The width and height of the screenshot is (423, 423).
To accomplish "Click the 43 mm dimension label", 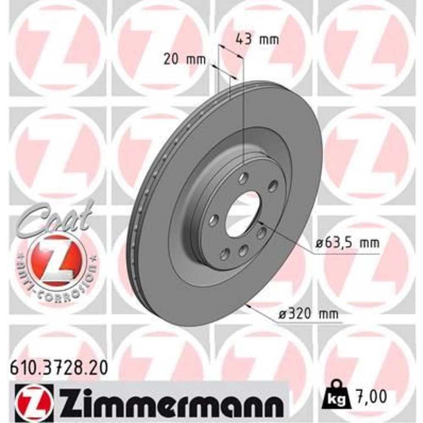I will (x=257, y=40).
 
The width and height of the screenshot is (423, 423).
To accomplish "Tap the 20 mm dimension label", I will (x=184, y=60).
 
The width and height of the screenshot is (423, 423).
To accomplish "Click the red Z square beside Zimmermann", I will (x=34, y=399).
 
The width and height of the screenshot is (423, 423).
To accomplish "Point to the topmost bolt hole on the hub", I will (x=243, y=179).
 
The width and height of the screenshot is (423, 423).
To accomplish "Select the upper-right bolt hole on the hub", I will (x=273, y=186).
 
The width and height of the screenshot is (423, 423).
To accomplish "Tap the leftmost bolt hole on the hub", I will (x=214, y=220).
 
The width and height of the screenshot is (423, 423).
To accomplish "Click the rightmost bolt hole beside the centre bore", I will (x=262, y=232).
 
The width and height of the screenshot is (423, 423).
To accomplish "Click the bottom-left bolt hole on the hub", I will (x=225, y=254).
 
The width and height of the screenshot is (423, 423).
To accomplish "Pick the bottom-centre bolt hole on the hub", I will (x=243, y=251).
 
